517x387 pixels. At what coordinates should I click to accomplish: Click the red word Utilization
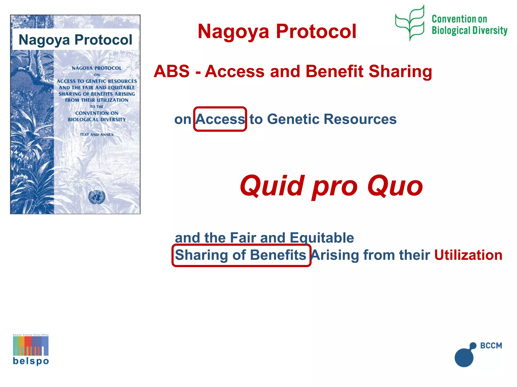click(x=468, y=255)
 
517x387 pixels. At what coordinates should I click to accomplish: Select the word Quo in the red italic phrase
click(x=395, y=186)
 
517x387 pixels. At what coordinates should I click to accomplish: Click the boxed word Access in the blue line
click(x=220, y=119)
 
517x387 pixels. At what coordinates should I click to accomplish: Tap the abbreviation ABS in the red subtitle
click(x=172, y=71)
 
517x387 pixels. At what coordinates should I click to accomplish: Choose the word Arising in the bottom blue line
click(x=335, y=255)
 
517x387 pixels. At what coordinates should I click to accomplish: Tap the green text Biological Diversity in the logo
click(x=470, y=30)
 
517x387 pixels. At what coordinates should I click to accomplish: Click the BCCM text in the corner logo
click(x=491, y=345)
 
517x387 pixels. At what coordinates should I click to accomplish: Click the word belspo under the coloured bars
click(x=31, y=361)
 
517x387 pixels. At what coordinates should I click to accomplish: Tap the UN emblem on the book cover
click(x=97, y=197)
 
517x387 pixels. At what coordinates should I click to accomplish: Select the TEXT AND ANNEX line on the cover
click(x=97, y=135)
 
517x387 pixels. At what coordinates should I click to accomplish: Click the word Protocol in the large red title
click(x=316, y=31)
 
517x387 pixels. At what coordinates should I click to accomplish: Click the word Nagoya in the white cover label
click(x=44, y=40)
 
